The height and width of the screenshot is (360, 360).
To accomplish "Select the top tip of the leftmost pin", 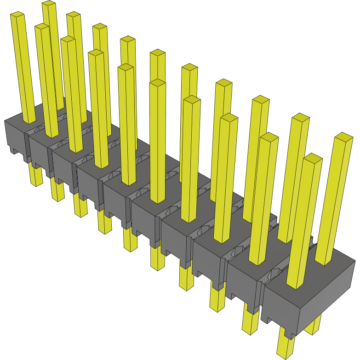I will tap(17, 16).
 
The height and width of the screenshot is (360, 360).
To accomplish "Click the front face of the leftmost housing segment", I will tap(14, 136).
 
